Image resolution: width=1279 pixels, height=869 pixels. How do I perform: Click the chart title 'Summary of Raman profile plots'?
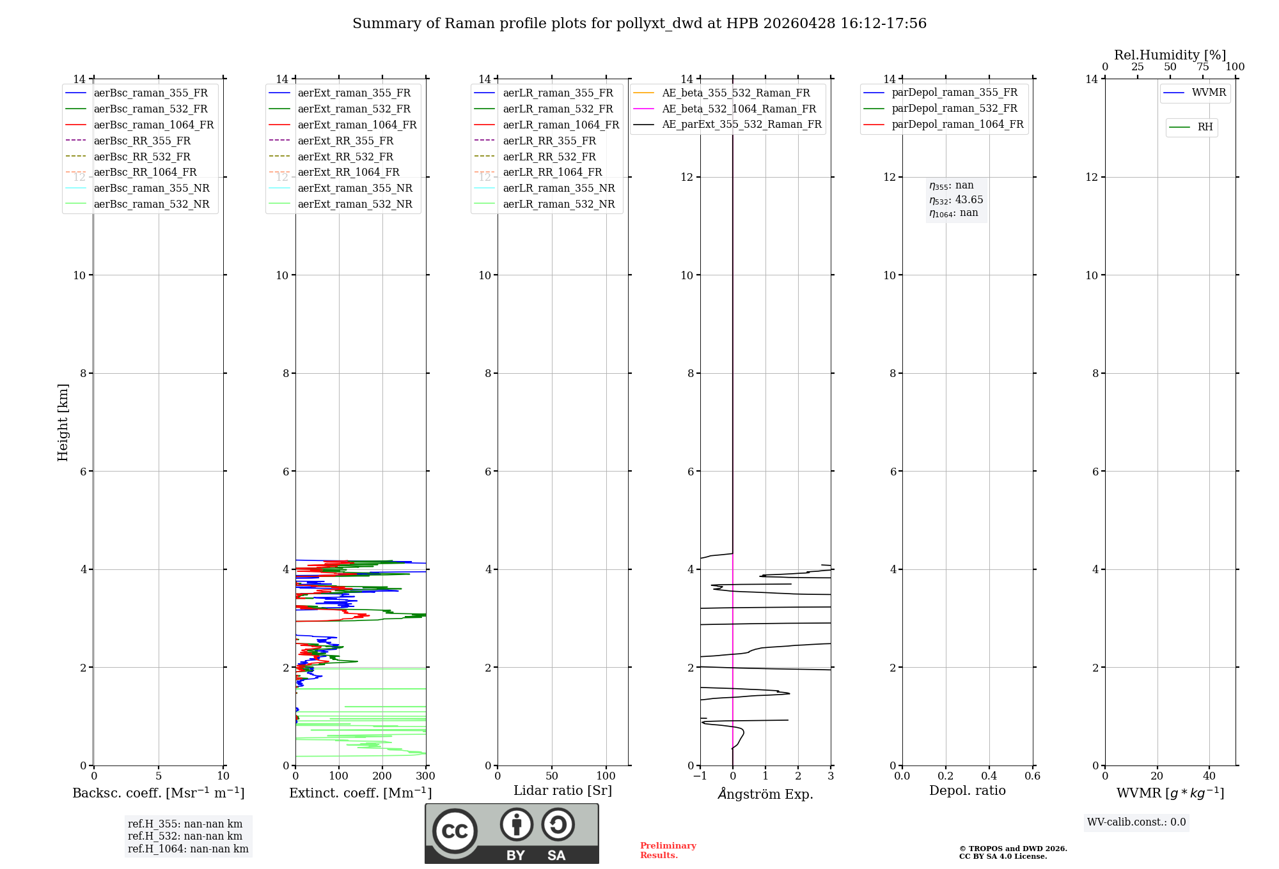pos(639,24)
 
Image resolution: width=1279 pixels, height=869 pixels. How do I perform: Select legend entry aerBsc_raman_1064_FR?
pos(153,125)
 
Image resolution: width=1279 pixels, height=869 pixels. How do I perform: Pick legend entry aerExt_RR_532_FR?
pos(345,157)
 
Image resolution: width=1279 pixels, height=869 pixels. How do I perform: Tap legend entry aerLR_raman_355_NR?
pos(558,188)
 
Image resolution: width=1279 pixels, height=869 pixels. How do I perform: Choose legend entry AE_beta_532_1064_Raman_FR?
pos(739,109)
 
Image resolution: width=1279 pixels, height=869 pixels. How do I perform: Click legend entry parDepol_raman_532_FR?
pos(954,109)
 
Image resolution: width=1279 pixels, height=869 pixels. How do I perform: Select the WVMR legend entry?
pos(1209,93)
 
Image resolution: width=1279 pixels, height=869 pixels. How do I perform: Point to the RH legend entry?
pos(1205,127)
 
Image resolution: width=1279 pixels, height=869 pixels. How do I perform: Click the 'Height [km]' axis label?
pos(63,422)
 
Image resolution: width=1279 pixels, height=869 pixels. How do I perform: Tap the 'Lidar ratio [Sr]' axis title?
pos(563,790)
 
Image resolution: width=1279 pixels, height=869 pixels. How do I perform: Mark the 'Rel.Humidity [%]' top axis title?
pos(1170,55)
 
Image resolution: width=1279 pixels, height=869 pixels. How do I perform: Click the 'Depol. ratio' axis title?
pos(967,790)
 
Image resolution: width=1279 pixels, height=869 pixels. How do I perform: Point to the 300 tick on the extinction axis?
pos(425,776)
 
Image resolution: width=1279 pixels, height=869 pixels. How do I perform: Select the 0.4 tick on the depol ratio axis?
pos(989,776)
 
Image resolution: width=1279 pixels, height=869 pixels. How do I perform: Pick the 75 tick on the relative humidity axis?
pos(1202,67)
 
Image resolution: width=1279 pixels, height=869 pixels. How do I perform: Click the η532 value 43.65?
pos(969,200)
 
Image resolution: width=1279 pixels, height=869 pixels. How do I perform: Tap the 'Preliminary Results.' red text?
pos(668,850)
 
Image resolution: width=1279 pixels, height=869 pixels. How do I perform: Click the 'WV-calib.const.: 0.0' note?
pos(1136,822)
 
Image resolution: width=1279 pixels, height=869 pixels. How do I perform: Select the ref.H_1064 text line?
pos(188,849)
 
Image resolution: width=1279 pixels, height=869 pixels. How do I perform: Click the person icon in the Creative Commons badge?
pos(516,824)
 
